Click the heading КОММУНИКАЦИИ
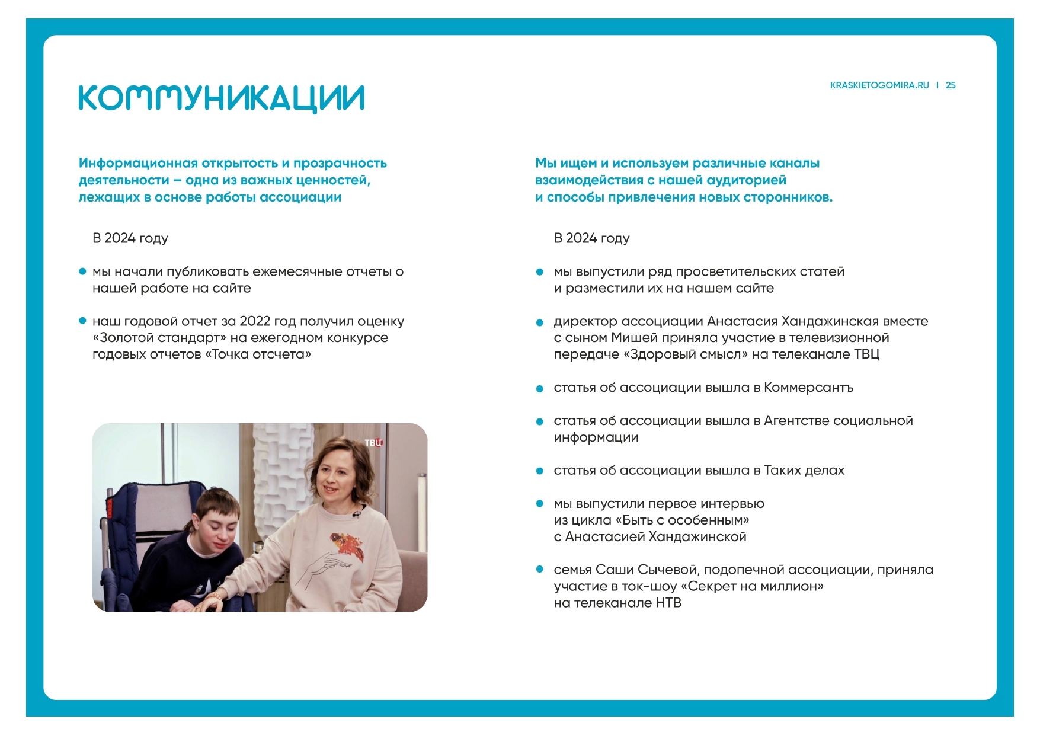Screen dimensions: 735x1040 click(x=221, y=98)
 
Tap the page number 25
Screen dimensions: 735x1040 click(x=951, y=85)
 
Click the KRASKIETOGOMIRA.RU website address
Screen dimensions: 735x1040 click(x=879, y=85)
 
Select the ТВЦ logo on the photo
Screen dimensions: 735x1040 click(x=373, y=442)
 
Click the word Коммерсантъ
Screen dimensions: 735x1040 click(x=808, y=388)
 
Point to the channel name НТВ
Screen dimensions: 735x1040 click(x=668, y=603)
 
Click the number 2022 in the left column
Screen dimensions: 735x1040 click(x=255, y=321)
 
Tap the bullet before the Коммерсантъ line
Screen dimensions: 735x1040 click(x=540, y=389)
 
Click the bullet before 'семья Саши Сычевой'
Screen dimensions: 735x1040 click(x=540, y=570)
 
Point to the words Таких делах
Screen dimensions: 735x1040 click(x=804, y=471)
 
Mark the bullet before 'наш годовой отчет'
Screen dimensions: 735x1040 click(x=83, y=321)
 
